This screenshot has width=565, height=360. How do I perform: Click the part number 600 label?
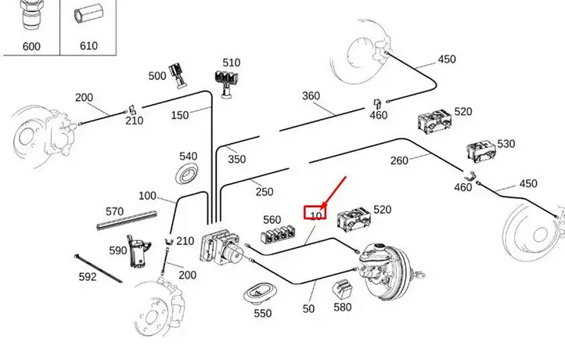[x=31, y=46]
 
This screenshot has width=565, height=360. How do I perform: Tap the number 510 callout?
[x=232, y=63]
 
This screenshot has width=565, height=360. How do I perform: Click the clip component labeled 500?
[x=178, y=75]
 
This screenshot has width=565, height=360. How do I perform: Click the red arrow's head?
[x=324, y=206]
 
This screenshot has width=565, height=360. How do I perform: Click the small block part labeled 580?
[x=341, y=289]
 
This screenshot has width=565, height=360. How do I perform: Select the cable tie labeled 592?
[x=98, y=268]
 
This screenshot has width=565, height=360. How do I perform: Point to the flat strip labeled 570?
[x=127, y=220]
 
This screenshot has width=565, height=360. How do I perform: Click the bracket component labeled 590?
[x=139, y=252]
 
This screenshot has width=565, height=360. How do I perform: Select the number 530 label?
[x=506, y=144]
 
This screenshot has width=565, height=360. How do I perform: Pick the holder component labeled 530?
[x=480, y=151]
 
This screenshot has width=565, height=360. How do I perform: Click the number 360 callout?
[x=311, y=95]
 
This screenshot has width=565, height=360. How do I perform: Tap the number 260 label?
[x=399, y=160]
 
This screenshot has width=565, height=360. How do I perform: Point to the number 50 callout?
[x=308, y=309]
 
